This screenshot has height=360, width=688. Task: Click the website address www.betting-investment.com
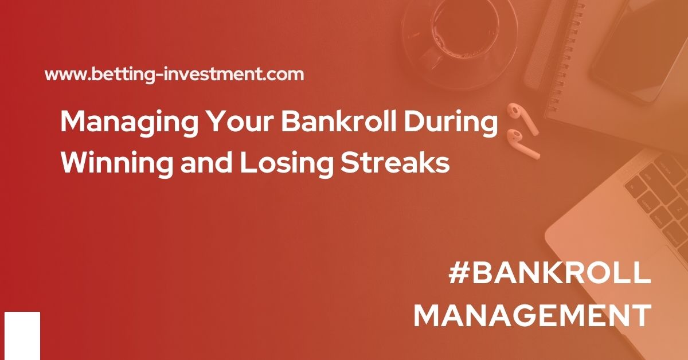click(174, 75)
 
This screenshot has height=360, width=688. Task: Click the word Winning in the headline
click(117, 163)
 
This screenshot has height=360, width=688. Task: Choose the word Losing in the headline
click(287, 163)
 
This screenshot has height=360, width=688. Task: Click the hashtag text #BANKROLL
click(550, 273)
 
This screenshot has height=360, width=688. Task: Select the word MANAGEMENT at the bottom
click(533, 315)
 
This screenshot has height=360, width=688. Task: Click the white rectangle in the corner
click(22, 336)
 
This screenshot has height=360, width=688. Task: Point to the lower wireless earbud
click(522, 144)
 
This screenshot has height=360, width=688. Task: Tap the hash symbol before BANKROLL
click(459, 273)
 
